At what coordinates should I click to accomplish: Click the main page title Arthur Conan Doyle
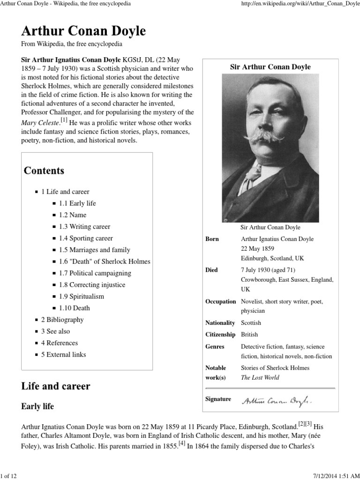[x=83, y=31]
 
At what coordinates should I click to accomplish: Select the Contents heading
[x=44, y=170]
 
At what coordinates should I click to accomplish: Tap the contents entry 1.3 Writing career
[x=84, y=226]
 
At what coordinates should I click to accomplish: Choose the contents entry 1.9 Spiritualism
[x=81, y=296]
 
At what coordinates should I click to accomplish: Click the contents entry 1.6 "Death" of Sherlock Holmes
[x=105, y=261]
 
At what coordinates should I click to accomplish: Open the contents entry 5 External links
[x=63, y=354]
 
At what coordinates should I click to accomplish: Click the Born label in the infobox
[x=212, y=239]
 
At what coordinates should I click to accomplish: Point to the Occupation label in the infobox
[x=220, y=301]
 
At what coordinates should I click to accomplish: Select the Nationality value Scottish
[x=251, y=323]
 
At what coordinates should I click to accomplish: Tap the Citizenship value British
[x=249, y=335]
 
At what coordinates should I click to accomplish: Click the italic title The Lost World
[x=260, y=377]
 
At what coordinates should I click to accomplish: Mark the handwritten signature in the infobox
[x=277, y=400]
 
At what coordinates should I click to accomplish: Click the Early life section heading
[x=37, y=406]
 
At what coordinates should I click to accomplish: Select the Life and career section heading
[x=55, y=386]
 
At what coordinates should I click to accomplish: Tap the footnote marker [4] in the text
[x=181, y=443]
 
